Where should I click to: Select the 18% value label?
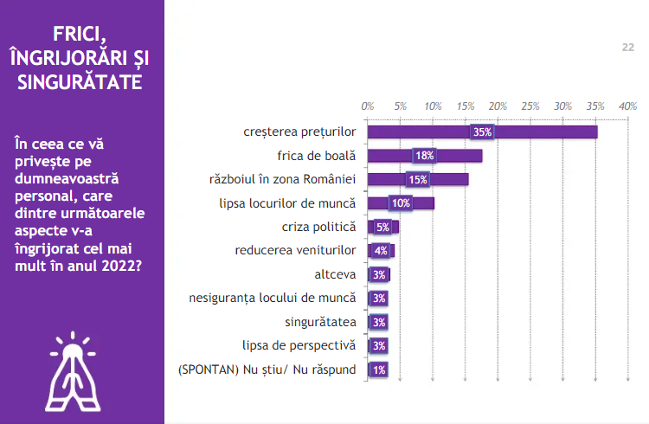click(x=424, y=156)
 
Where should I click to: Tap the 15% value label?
click(x=418, y=180)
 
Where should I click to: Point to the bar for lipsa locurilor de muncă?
click(x=401, y=203)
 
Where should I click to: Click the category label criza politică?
click(x=318, y=227)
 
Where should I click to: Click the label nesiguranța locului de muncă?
click(x=273, y=299)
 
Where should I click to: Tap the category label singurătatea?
click(x=319, y=322)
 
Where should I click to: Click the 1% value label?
click(x=378, y=369)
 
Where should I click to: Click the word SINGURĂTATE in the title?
click(x=80, y=82)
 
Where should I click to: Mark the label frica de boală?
click(x=317, y=156)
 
